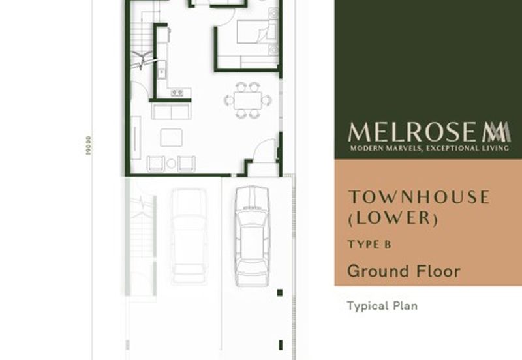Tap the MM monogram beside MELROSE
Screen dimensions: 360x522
(496, 132)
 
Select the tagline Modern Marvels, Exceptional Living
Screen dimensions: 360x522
(429, 149)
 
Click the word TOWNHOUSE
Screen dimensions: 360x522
(418, 197)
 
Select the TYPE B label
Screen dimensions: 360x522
(369, 245)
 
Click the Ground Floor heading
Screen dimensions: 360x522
(403, 271)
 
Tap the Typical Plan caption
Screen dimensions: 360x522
(382, 305)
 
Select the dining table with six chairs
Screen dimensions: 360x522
(249, 100)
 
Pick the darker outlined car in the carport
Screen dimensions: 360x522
(251, 235)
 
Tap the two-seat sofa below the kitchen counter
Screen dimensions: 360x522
(171, 112)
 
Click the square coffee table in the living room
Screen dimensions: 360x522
(171, 137)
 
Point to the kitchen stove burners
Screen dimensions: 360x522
(177, 93)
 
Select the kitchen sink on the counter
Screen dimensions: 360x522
(160, 72)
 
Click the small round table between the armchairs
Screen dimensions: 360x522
(171, 163)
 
